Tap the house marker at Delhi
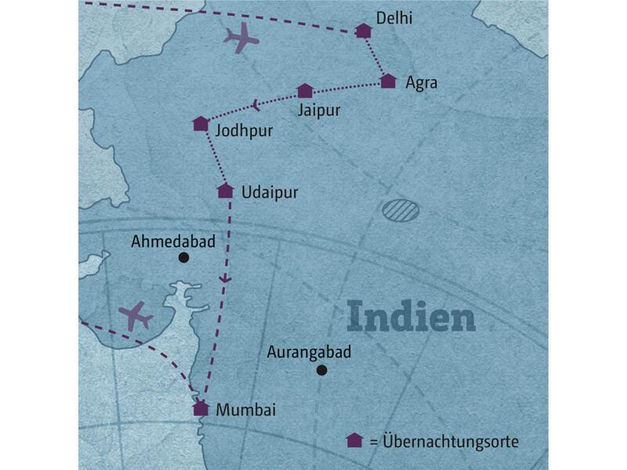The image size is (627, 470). (x=364, y=31)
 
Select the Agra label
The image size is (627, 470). (x=421, y=82)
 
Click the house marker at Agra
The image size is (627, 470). (x=388, y=81)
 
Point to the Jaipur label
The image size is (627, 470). (x=319, y=110)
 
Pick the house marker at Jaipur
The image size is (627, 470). (x=305, y=91)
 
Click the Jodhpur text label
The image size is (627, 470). (x=244, y=131)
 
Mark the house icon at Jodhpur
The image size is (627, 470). (x=201, y=124)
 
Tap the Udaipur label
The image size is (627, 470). (x=270, y=192)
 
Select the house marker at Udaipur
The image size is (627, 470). (x=225, y=190)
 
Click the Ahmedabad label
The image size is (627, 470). (x=173, y=241)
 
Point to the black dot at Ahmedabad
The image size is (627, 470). (x=183, y=257)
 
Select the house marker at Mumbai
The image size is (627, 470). (x=201, y=408)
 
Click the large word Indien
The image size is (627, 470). (x=411, y=317)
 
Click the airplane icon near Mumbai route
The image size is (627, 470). (x=136, y=316)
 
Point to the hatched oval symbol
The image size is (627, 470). (x=400, y=210)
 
